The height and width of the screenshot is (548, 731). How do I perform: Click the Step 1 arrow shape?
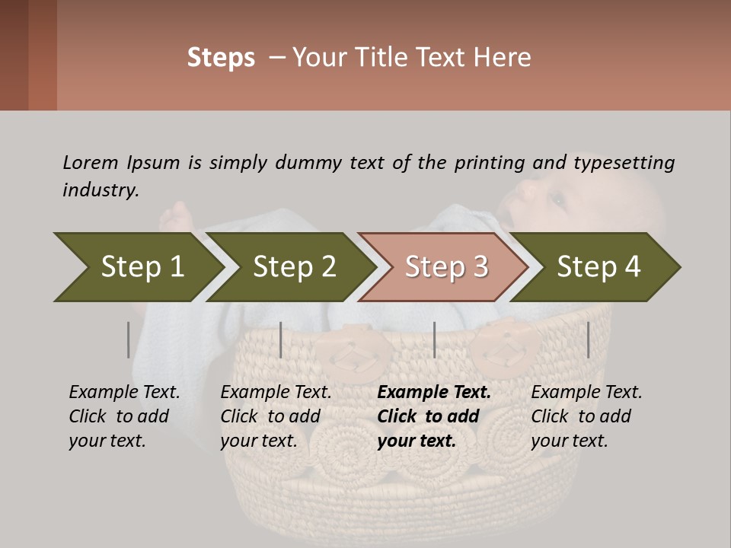click(x=142, y=267)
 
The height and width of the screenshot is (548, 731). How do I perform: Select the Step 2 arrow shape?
click(x=294, y=267)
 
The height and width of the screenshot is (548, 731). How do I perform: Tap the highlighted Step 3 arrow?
click(x=446, y=267)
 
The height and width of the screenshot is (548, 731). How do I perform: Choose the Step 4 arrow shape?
click(x=599, y=267)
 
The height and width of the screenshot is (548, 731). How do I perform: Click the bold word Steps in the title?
click(x=221, y=58)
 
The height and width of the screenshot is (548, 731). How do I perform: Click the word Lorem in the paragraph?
click(x=90, y=162)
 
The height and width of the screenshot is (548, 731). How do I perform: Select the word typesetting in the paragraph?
click(x=624, y=162)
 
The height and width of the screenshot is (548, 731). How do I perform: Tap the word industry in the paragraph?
click(x=101, y=190)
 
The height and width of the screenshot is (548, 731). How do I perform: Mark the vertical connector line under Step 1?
click(x=129, y=339)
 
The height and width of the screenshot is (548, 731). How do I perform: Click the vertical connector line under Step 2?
click(x=281, y=339)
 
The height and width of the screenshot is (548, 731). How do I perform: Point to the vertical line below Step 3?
click(x=434, y=339)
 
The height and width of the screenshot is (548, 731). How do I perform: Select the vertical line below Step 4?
click(x=588, y=339)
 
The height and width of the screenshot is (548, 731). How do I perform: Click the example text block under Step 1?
click(x=123, y=416)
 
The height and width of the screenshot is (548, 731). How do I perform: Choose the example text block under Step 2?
click(x=275, y=416)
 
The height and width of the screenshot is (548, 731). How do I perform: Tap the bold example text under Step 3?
click(x=433, y=416)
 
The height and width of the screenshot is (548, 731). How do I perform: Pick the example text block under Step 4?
click(x=586, y=416)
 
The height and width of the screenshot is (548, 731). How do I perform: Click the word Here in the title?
click(x=503, y=58)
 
